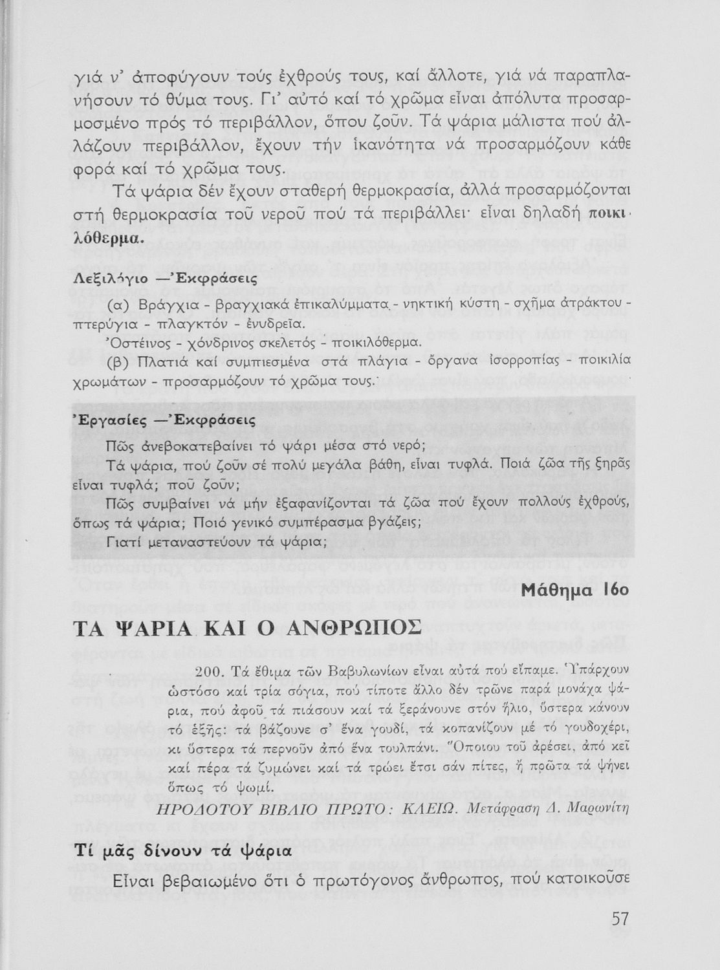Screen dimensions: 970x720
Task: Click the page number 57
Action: coord(619,918)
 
